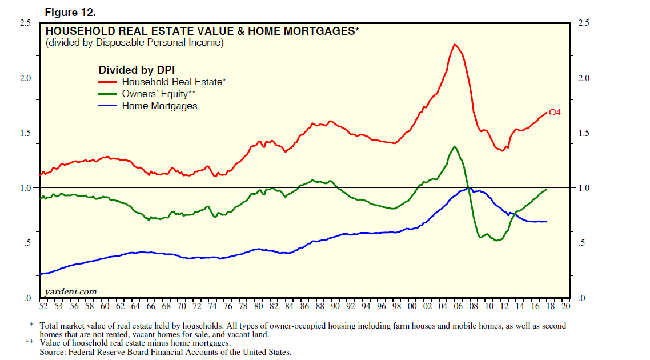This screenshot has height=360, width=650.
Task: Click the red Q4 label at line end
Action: click(555, 113)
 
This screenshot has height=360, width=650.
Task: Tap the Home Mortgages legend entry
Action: click(159, 106)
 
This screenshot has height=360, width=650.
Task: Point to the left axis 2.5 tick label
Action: click(25, 23)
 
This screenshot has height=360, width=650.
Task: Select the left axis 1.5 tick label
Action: click(25, 133)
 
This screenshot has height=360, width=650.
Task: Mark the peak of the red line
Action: click(454, 44)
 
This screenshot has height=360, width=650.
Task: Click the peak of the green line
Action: click(455, 146)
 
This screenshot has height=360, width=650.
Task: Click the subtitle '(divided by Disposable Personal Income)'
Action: click(134, 42)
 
